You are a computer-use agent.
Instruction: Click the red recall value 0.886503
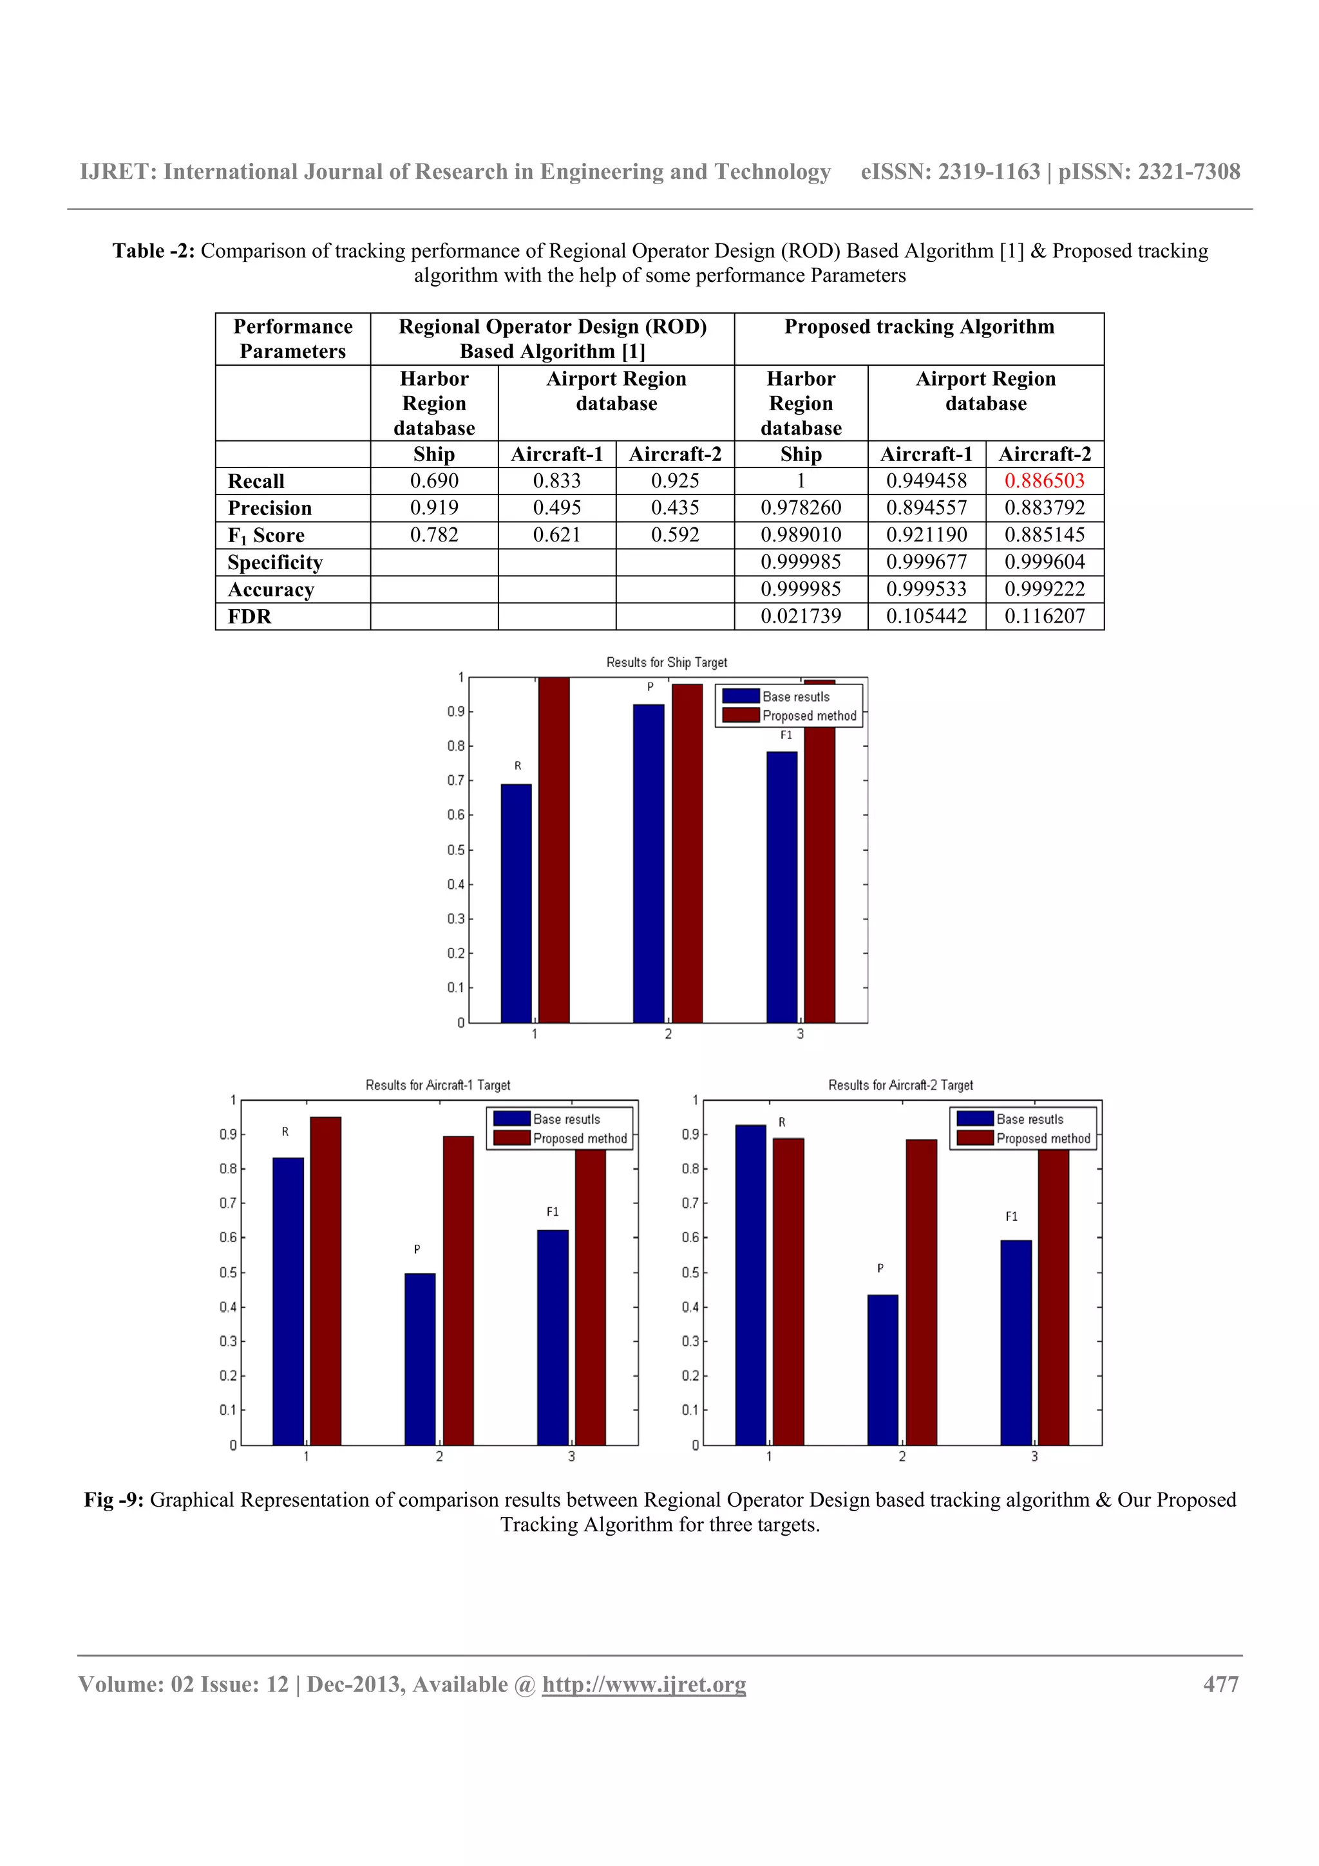coord(1044,480)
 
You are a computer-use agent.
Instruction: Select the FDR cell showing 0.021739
coord(801,616)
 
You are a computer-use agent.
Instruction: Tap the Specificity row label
coord(276,562)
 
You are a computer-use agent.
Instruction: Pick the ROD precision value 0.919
coord(434,508)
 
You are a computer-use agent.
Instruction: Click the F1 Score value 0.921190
coord(927,535)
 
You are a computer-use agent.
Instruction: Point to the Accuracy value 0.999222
coord(1044,589)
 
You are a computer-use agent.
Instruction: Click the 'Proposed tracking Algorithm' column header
coord(919,326)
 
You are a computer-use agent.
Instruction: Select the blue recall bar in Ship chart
coord(516,902)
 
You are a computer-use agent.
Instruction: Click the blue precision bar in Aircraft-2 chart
coord(882,1369)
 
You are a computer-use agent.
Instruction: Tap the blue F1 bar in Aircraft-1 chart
coord(553,1336)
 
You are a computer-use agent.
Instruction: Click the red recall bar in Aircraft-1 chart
coord(325,1280)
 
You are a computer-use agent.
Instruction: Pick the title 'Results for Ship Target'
coord(667,663)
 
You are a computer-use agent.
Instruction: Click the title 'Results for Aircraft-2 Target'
coord(900,1085)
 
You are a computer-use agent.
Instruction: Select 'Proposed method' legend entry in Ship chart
coord(809,716)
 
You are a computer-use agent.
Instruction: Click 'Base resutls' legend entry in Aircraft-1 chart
coord(567,1119)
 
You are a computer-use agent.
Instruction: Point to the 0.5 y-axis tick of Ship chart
coord(455,850)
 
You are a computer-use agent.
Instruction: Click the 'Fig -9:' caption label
coord(114,1500)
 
